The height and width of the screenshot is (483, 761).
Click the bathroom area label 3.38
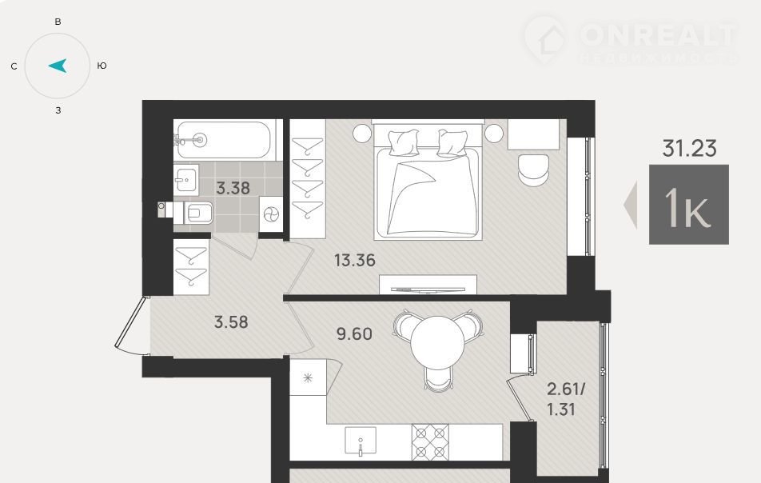coord(233,188)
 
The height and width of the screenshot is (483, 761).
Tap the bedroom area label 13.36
coord(355,260)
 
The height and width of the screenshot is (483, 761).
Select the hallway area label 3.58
coord(231,321)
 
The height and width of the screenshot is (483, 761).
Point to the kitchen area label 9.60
coord(354,334)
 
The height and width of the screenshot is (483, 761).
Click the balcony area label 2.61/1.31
coord(565,399)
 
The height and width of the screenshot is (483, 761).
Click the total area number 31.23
coord(689,148)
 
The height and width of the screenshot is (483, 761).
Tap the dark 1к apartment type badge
coord(689,205)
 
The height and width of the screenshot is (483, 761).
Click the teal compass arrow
coord(58,66)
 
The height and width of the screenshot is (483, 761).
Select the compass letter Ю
coord(102,66)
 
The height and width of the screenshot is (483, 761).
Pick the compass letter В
coord(58,22)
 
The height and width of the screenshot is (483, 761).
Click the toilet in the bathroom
coord(186,213)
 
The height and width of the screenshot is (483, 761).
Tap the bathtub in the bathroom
coord(223,140)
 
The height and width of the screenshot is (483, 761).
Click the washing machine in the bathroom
coord(271,214)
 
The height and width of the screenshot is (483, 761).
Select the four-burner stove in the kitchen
coord(430,442)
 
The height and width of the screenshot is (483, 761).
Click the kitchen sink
coord(360,441)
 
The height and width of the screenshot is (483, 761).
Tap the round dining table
coord(437,343)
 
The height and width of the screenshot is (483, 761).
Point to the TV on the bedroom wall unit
coord(428,290)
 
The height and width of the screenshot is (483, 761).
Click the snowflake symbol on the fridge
coord(308,377)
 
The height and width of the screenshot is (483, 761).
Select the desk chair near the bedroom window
coord(533,170)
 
